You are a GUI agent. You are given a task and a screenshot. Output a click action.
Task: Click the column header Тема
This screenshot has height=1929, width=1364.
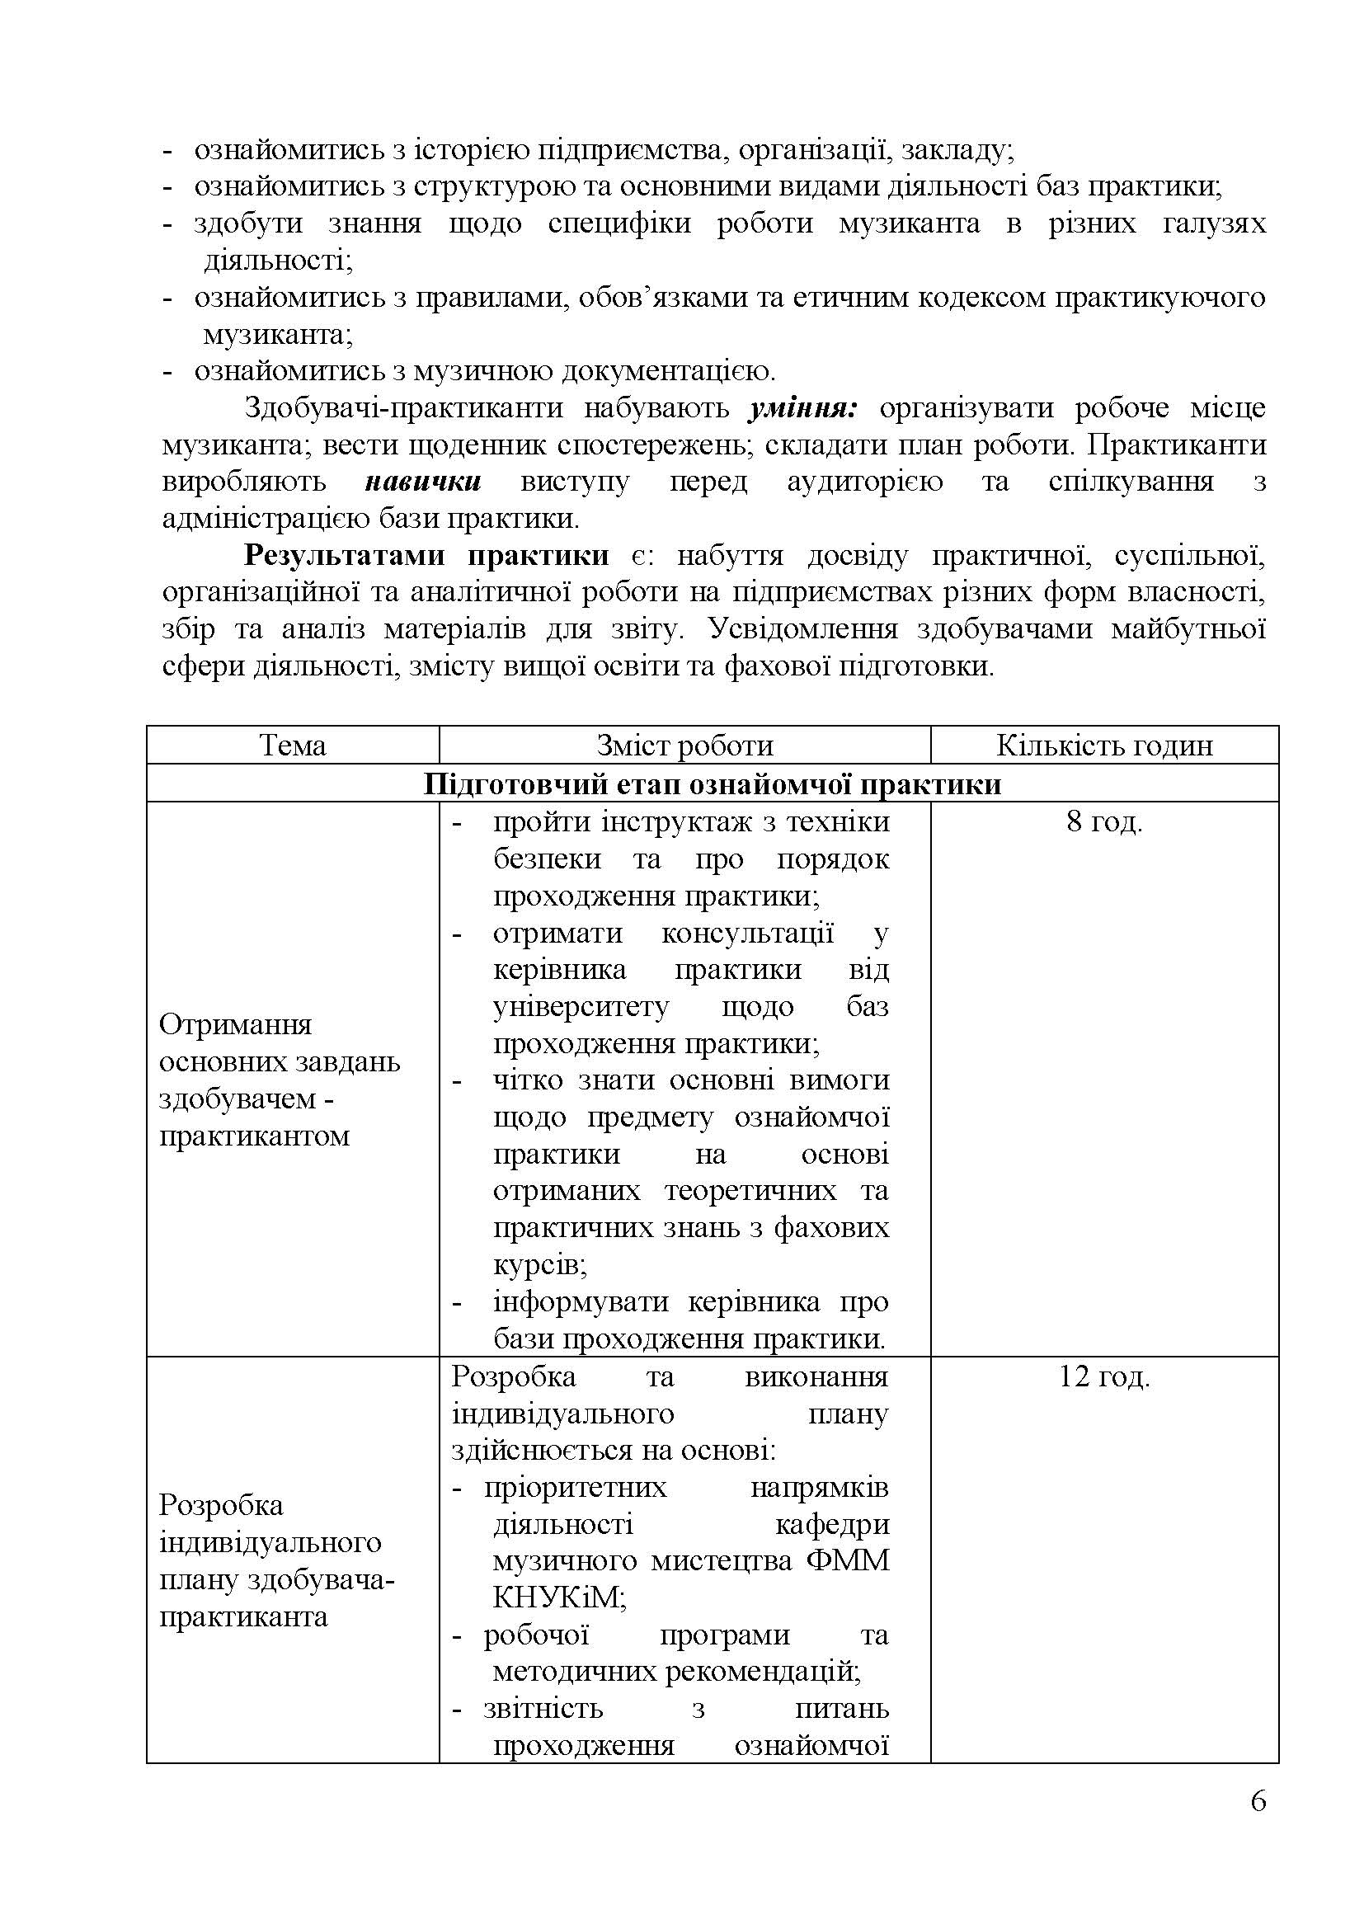tap(292, 746)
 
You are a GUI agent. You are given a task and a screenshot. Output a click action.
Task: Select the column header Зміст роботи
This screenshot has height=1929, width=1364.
tap(684, 746)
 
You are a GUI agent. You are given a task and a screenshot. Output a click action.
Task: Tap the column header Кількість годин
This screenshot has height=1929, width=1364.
tap(1103, 746)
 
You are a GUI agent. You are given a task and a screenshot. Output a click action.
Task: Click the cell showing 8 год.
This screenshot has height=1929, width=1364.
tap(1103, 821)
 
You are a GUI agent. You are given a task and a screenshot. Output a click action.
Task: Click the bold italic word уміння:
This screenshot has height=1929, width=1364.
tap(802, 408)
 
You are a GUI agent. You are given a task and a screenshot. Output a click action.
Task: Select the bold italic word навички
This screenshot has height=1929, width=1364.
tap(422, 482)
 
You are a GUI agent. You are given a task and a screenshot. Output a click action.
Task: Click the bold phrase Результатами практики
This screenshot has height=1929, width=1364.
tap(426, 556)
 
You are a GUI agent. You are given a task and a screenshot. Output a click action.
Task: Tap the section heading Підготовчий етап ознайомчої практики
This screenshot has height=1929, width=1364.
tap(712, 783)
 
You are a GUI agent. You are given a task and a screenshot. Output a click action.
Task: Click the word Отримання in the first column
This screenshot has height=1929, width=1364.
tap(223, 1025)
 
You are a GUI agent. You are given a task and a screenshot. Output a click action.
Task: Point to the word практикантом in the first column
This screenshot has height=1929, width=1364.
tap(254, 1136)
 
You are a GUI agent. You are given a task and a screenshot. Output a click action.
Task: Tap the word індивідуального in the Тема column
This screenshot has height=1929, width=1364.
tap(270, 1542)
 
